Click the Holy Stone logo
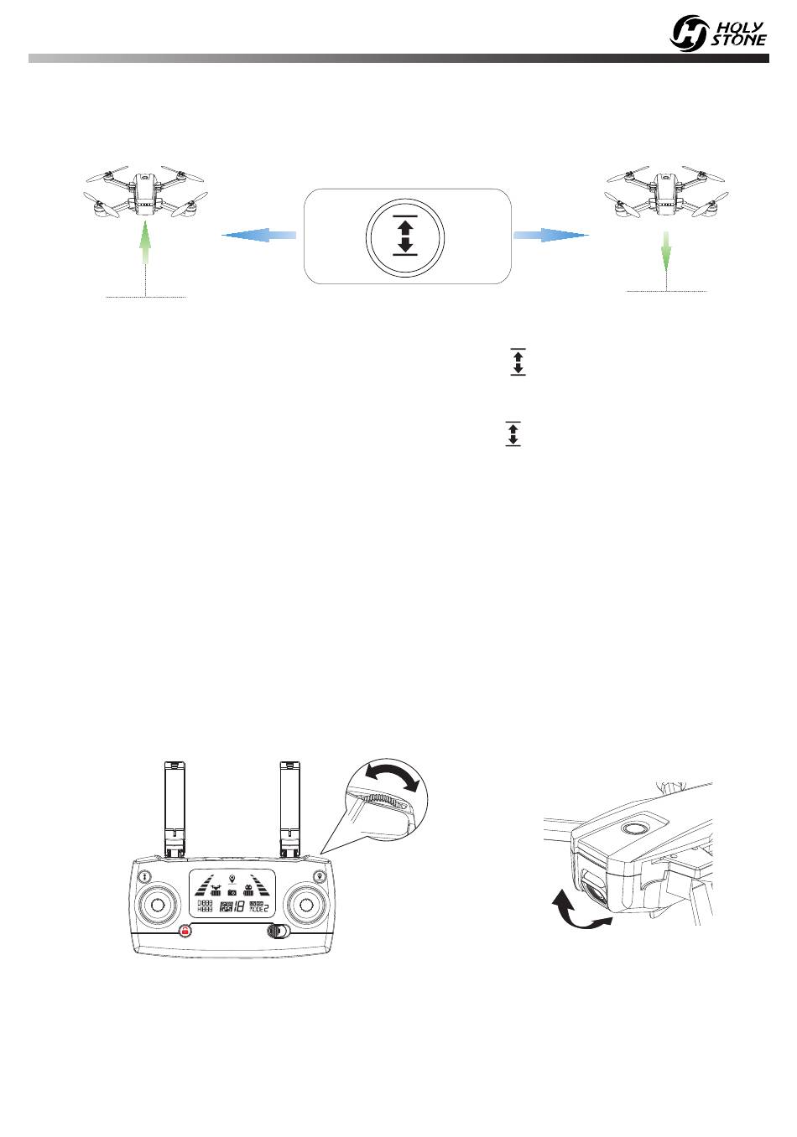point(718,33)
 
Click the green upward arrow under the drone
point(146,237)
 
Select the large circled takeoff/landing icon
point(405,237)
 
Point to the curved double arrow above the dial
point(394,778)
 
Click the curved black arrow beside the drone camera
point(576,914)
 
